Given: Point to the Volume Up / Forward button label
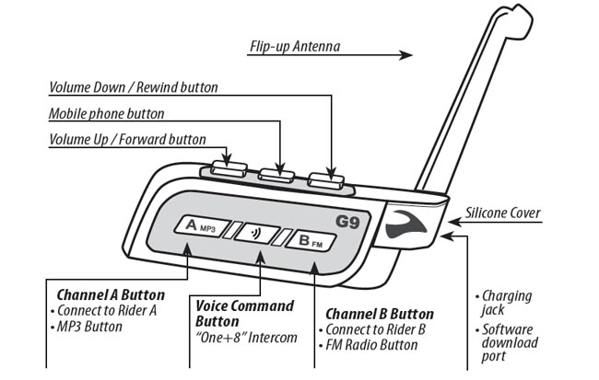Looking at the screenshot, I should pos(125,139).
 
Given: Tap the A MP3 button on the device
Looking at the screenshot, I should pos(199,225).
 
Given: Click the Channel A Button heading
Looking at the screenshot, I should pos(111,295).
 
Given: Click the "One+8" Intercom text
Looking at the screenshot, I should pos(247,338).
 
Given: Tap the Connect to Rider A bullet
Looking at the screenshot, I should pos(111,310).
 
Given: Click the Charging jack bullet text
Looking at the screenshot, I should pos(508,305).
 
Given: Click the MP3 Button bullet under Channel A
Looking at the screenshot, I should pos(96,326).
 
